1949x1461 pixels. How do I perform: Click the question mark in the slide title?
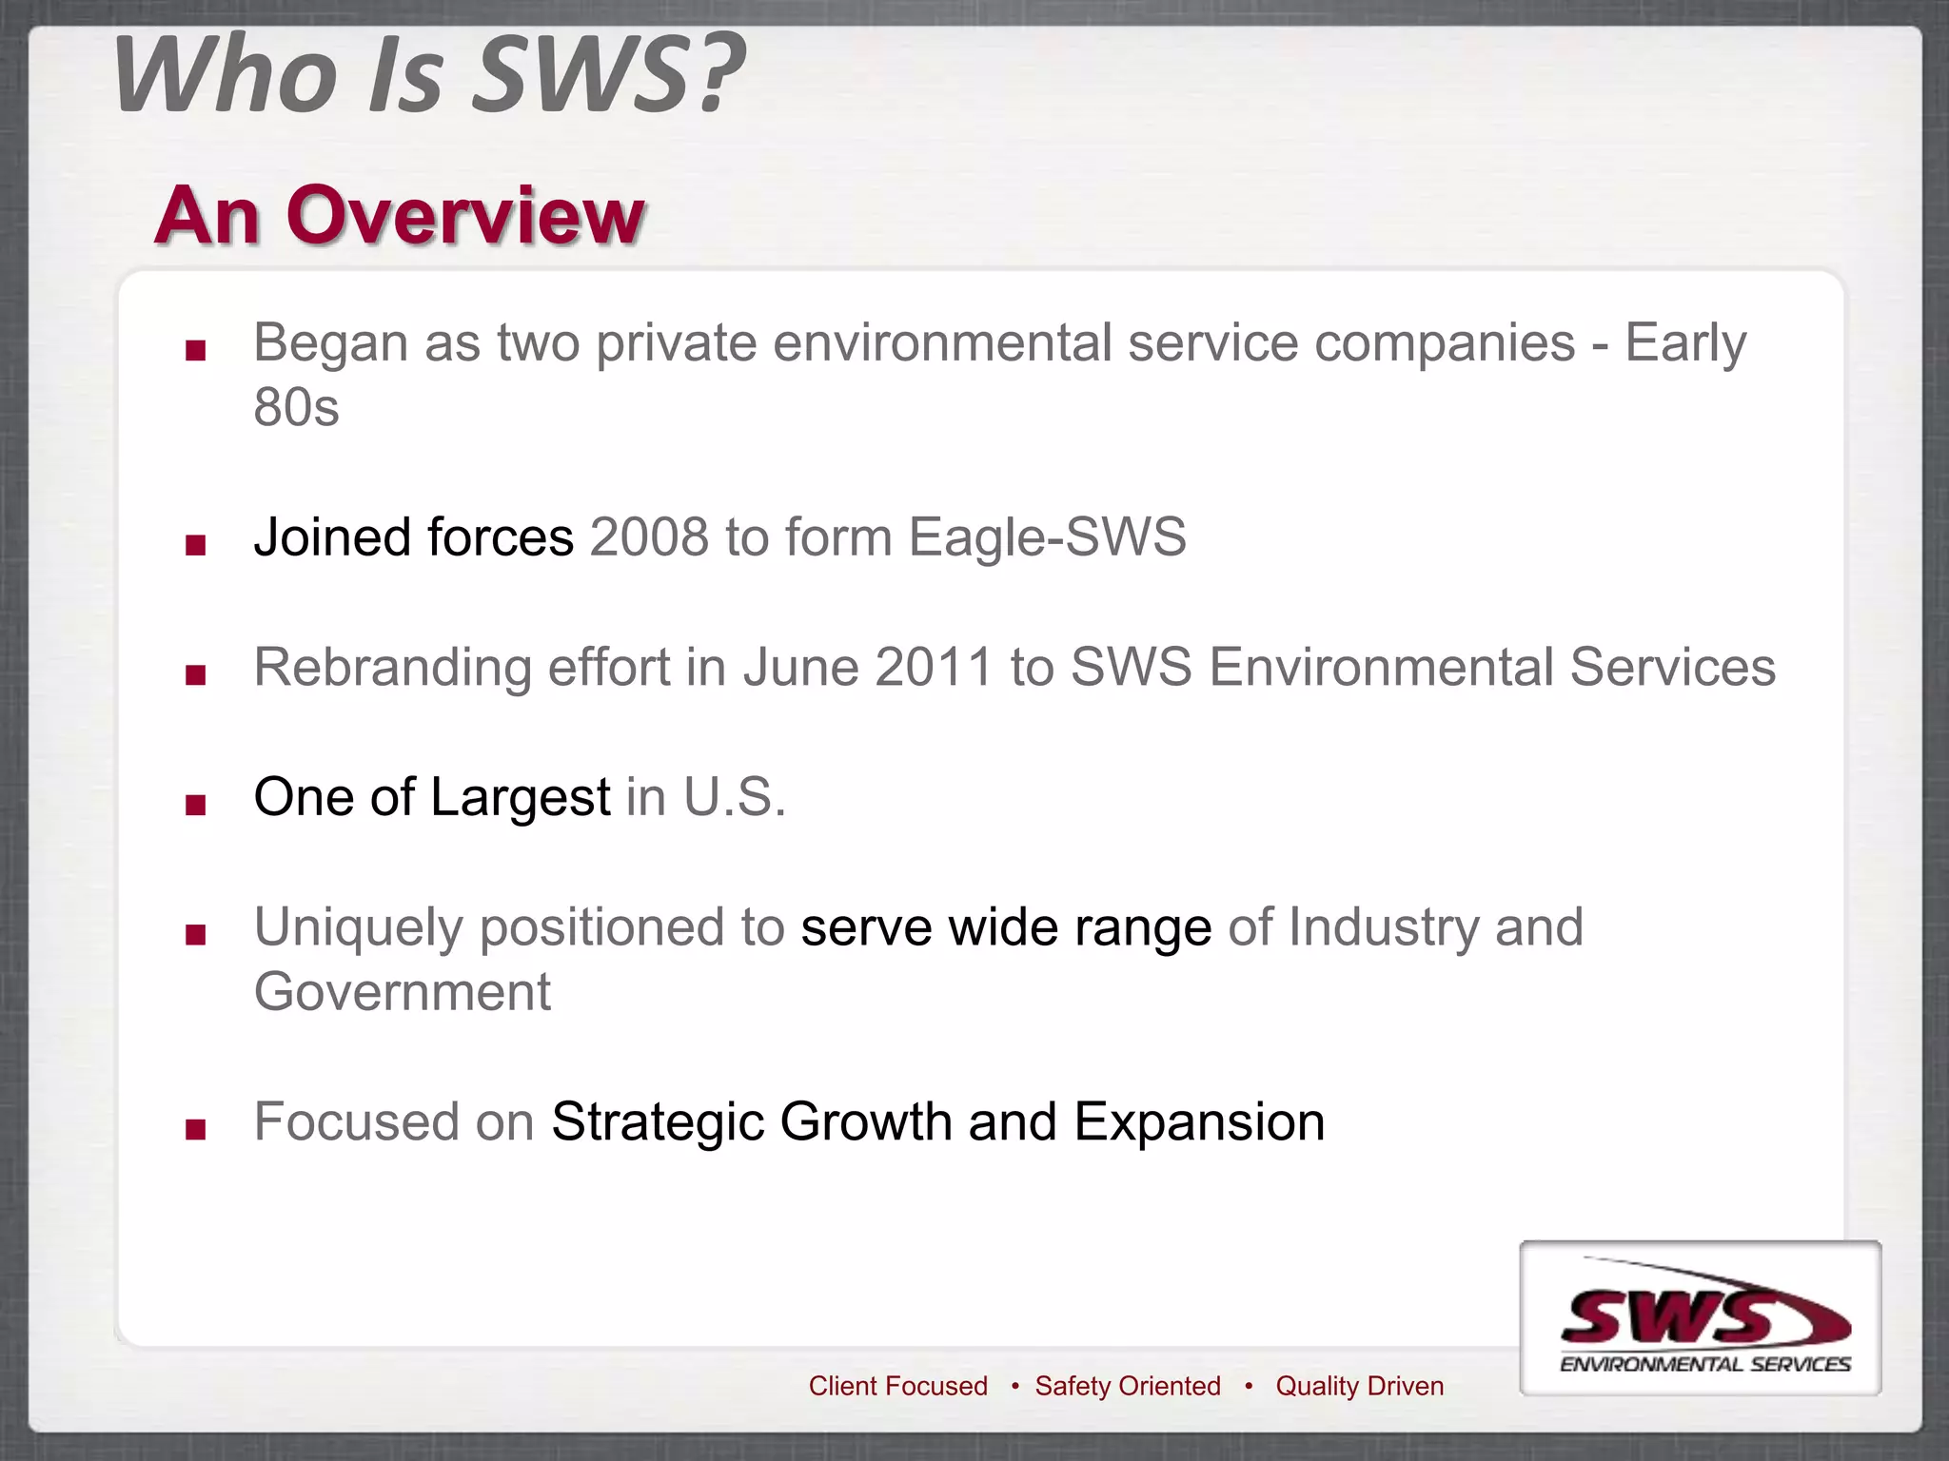(x=715, y=74)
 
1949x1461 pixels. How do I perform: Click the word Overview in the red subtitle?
(x=465, y=216)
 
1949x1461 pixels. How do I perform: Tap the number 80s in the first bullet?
(x=296, y=408)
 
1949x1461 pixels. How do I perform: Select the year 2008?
(x=649, y=537)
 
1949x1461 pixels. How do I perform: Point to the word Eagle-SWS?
(x=1047, y=537)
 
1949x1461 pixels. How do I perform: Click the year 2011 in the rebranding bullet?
(x=934, y=667)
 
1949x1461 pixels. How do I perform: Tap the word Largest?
(x=520, y=797)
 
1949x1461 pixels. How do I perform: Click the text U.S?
(x=734, y=797)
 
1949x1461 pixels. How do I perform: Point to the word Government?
(x=402, y=992)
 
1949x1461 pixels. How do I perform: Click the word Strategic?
(x=657, y=1122)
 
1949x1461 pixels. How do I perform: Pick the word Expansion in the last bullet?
(x=1199, y=1122)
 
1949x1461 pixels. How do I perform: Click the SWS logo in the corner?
(x=1701, y=1318)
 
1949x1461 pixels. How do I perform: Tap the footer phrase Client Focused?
(x=897, y=1386)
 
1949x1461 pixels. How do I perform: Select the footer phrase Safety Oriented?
(x=1128, y=1386)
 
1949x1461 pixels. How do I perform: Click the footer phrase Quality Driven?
(x=1359, y=1386)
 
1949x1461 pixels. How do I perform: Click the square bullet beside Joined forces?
(x=196, y=545)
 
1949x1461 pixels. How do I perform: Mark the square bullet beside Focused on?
(x=196, y=1130)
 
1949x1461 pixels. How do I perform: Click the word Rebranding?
(x=392, y=669)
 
